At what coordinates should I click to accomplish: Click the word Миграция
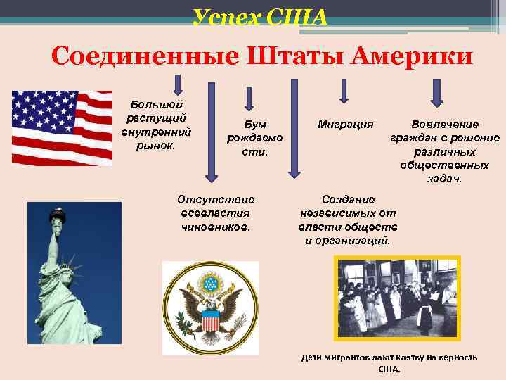tap(345, 124)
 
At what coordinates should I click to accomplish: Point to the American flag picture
tap(62, 127)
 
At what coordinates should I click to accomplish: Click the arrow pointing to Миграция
tap(344, 89)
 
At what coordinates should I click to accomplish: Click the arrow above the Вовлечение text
tap(432, 89)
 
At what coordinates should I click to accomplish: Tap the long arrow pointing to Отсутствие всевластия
tap(209, 129)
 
